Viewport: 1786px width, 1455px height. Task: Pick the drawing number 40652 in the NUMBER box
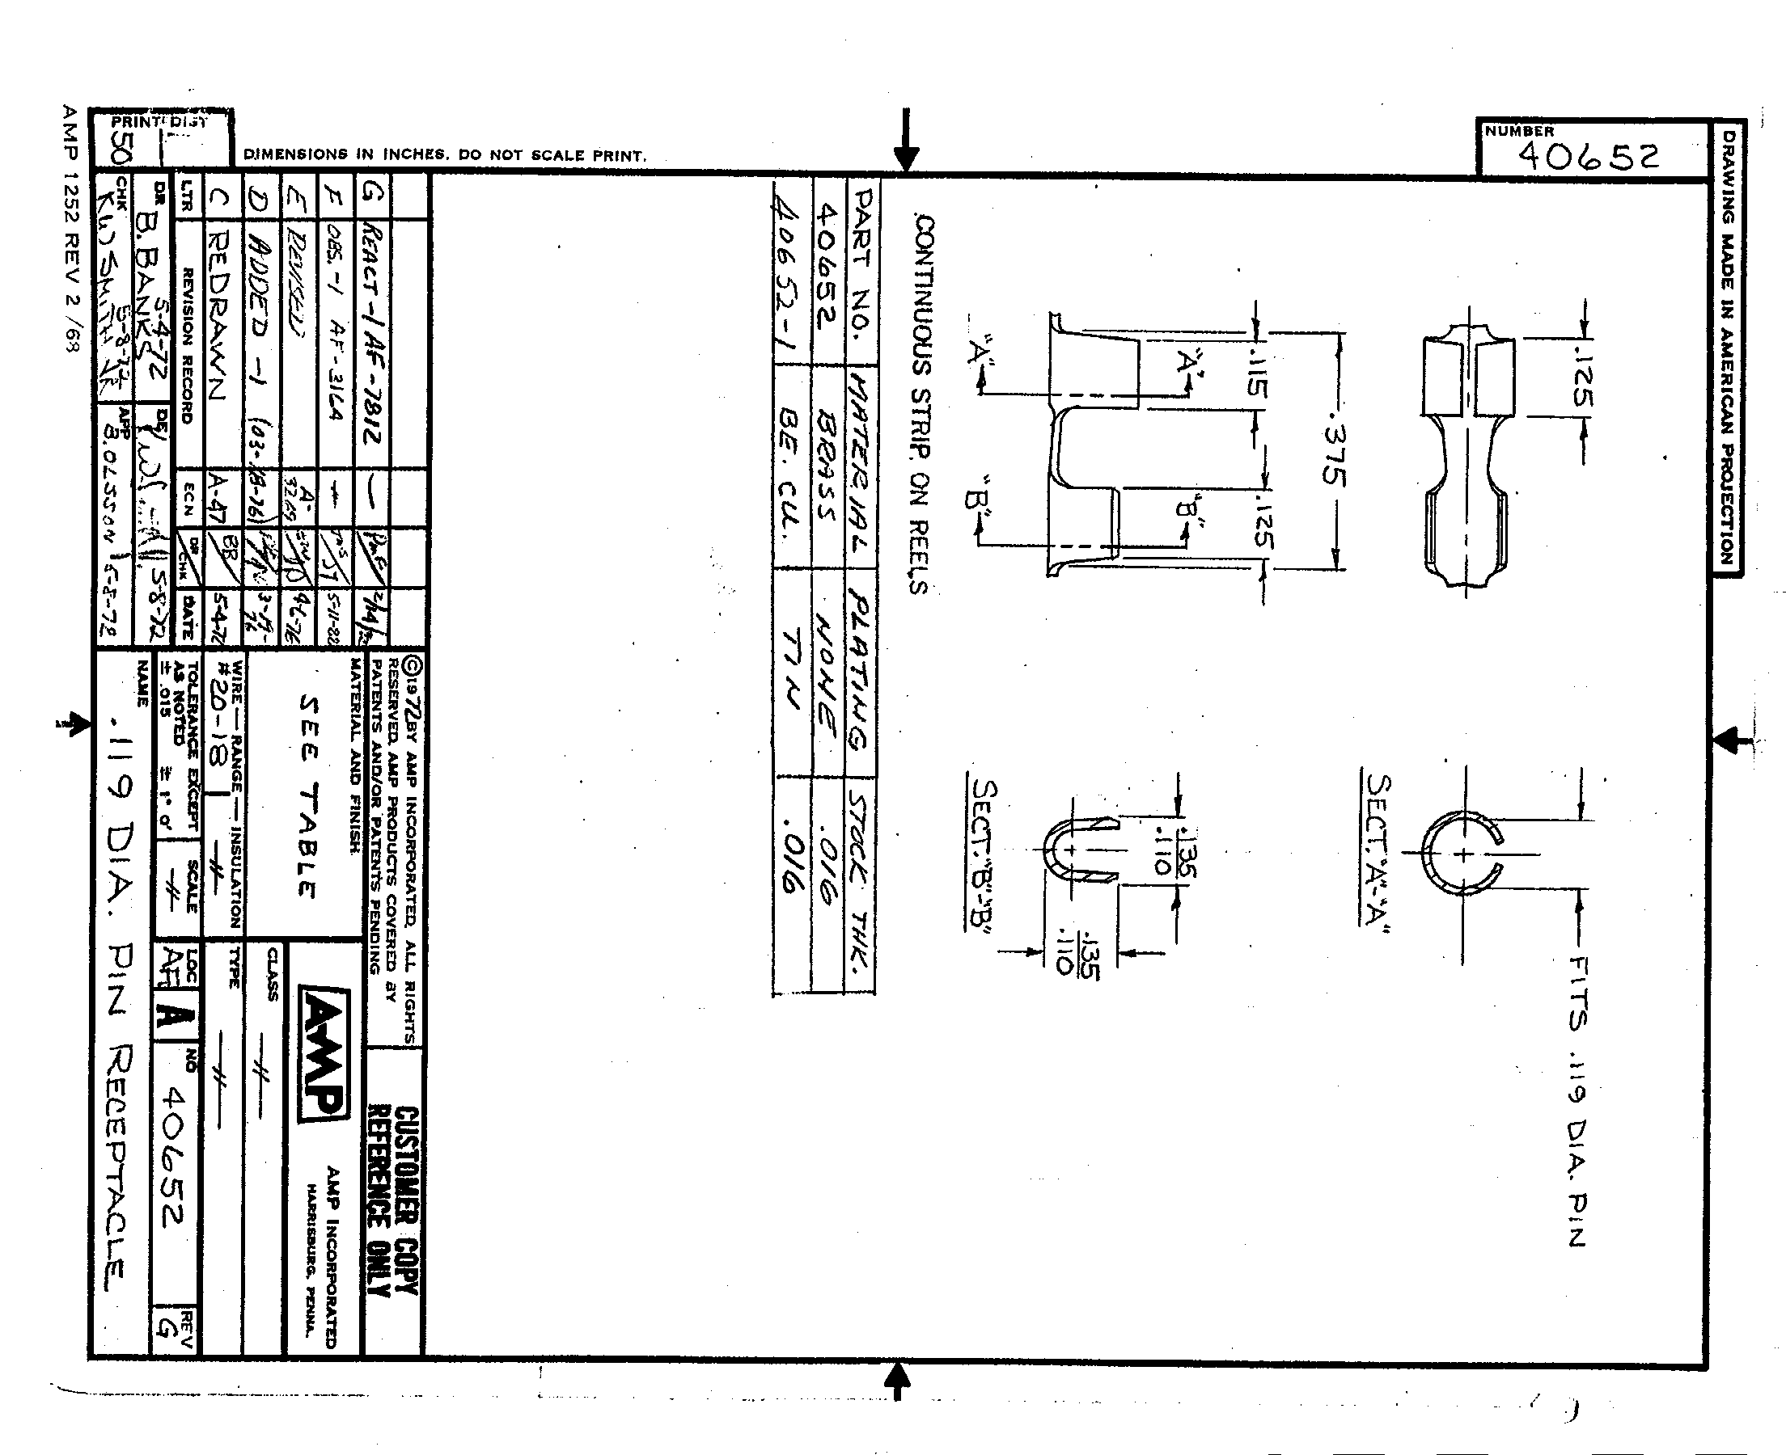point(1588,156)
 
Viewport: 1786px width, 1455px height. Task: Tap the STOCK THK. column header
point(861,880)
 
